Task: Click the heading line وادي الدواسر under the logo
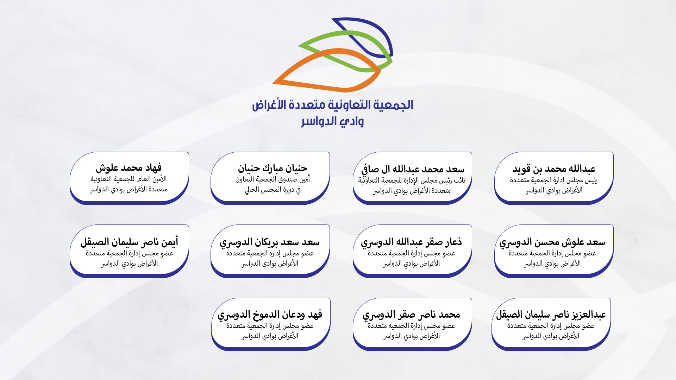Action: [x=332, y=122]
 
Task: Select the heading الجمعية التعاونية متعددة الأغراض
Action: [x=332, y=105]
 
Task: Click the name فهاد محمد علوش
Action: [x=129, y=168]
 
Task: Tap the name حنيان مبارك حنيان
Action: [x=272, y=168]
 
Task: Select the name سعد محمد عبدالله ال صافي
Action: [x=413, y=170]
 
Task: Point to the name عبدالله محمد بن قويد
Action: [x=554, y=169]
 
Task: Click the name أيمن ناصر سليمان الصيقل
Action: [x=129, y=242]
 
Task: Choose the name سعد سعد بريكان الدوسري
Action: [x=270, y=242]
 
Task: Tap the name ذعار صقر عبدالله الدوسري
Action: [x=411, y=242]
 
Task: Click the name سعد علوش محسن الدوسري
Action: [x=552, y=242]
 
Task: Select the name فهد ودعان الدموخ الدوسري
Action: [x=270, y=315]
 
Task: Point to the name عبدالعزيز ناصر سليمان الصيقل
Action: [x=551, y=315]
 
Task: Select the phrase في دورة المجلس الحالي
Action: [x=273, y=190]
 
